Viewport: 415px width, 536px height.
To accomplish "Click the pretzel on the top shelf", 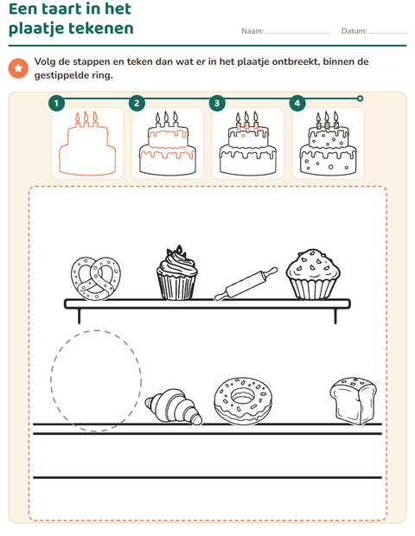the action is click(x=96, y=278).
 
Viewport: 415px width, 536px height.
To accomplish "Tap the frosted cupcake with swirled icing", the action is click(x=176, y=273).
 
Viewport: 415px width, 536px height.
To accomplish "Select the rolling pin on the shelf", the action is click(x=246, y=284).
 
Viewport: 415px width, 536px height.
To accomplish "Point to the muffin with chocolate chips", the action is click(x=313, y=274).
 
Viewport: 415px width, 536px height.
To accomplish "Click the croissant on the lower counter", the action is click(x=173, y=406).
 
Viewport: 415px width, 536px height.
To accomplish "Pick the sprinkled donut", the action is click(x=243, y=401).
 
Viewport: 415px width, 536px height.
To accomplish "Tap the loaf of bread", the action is click(x=353, y=400).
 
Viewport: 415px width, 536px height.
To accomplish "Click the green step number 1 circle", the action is click(x=56, y=103).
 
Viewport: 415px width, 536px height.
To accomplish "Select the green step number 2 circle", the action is click(x=137, y=103).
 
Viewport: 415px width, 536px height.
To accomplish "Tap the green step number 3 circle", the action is click(x=217, y=103).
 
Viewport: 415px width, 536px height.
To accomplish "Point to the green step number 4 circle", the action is click(x=297, y=103).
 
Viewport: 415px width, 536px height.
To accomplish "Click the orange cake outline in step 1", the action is click(x=87, y=144).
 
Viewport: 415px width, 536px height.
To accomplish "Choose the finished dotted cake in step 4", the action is click(x=329, y=144).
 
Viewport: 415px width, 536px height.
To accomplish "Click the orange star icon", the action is click(x=18, y=68).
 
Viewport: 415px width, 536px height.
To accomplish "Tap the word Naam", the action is click(x=252, y=31).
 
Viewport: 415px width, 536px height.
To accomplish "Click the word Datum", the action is click(x=354, y=31).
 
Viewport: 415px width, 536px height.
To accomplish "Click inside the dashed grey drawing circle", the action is click(x=96, y=380).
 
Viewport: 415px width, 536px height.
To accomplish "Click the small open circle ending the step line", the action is click(x=360, y=99).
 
